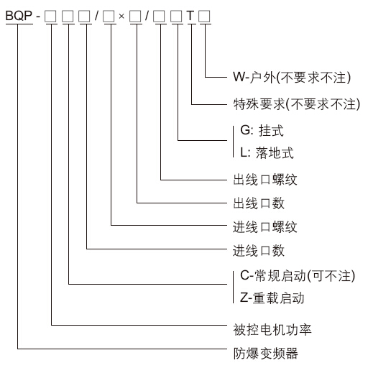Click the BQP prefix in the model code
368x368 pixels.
click(x=19, y=16)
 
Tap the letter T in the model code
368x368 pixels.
click(x=190, y=16)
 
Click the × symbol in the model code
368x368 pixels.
click(x=121, y=17)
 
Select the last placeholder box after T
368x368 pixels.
click(x=204, y=17)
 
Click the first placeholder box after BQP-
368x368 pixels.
click(x=50, y=17)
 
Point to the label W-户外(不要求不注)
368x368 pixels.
click(x=292, y=78)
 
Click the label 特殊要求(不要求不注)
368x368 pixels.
click(x=297, y=104)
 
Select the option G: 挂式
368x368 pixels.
click(x=262, y=131)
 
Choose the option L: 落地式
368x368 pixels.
click(x=267, y=152)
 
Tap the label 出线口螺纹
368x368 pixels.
click(x=265, y=180)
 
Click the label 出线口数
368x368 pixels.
click(x=259, y=203)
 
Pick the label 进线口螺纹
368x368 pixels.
click(x=265, y=226)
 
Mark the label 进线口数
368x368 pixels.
click(x=259, y=251)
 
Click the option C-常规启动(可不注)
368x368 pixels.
click(x=298, y=275)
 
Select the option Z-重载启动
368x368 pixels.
click(x=272, y=298)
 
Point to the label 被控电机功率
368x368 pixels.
click(x=272, y=330)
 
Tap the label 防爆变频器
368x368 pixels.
click(x=266, y=353)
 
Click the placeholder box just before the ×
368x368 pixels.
click(x=109, y=17)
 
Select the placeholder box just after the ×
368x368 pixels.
click(x=135, y=17)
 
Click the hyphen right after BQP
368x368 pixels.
click(x=38, y=17)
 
